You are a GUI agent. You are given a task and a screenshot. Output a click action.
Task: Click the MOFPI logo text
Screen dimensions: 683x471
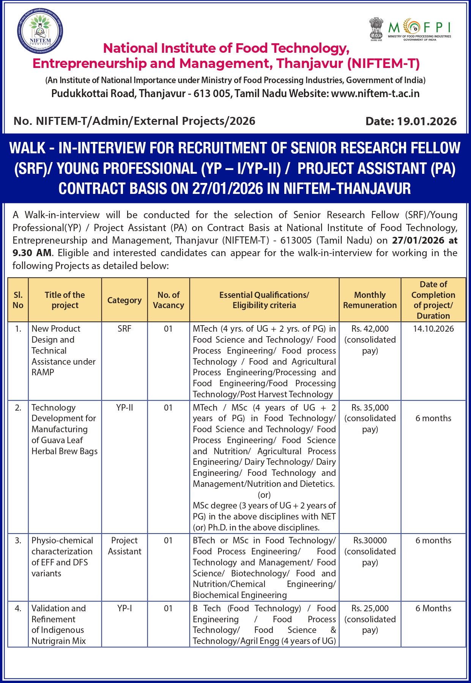419,28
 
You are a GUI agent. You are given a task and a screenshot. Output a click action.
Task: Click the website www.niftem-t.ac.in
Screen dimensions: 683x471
375,93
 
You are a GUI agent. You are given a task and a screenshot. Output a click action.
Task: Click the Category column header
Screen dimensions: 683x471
124,300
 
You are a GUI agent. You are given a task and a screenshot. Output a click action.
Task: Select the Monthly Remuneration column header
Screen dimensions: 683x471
370,300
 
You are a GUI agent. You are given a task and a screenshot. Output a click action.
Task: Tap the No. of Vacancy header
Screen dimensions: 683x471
169,300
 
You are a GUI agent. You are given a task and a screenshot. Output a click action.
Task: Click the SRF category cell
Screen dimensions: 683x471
124,329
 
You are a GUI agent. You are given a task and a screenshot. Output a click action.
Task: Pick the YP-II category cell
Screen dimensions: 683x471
124,408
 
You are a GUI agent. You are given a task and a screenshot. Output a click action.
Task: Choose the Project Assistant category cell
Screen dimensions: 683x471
124,546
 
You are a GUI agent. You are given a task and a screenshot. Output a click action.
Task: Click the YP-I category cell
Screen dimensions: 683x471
124,608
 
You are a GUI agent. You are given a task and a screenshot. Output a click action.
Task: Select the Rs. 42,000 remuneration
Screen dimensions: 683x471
370,329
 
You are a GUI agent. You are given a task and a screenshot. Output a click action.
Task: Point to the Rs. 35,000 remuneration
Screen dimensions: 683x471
370,408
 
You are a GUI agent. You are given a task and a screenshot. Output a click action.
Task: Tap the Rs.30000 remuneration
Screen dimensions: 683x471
370,540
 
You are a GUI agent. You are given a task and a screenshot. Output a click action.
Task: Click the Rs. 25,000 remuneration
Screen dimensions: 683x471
370,608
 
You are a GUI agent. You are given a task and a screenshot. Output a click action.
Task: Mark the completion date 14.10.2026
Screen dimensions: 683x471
433,329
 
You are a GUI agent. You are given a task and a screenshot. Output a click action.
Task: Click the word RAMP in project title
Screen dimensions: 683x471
43,372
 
